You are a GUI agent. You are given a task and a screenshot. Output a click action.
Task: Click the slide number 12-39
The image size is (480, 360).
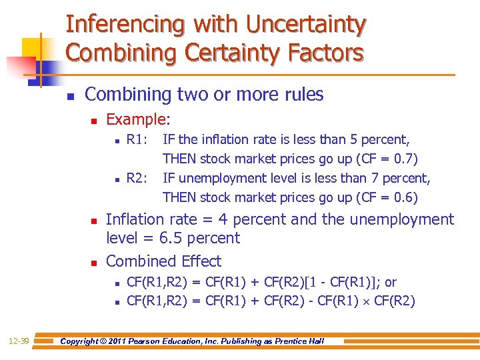tap(19, 341)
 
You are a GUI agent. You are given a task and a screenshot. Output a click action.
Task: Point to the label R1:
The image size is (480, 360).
tap(137, 140)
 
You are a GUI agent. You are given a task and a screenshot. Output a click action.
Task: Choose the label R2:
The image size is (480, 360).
tap(137, 178)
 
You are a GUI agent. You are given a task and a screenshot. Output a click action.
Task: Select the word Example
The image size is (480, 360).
tap(137, 119)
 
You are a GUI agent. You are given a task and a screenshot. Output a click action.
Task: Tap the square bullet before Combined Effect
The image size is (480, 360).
tap(94, 262)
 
